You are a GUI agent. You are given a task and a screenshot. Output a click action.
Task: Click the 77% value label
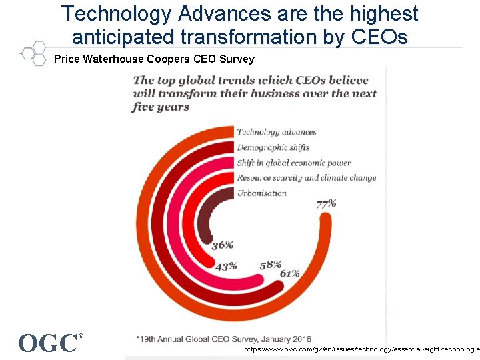click(x=326, y=203)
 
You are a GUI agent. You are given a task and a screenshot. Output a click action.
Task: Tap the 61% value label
click(x=289, y=273)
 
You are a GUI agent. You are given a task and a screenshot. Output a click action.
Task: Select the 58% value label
click(x=271, y=265)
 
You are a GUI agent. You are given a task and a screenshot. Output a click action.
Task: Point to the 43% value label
click(x=226, y=266)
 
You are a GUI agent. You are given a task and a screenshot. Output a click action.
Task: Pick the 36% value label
click(x=222, y=245)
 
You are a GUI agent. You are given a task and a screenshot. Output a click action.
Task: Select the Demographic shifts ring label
click(x=273, y=147)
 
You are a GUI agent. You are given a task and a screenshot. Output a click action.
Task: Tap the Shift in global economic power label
click(x=293, y=163)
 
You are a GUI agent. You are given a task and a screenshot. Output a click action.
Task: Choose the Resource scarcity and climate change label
click(x=306, y=178)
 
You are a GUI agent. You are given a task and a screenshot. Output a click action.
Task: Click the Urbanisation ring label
click(x=261, y=193)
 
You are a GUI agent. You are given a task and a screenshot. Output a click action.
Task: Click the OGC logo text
click(x=48, y=343)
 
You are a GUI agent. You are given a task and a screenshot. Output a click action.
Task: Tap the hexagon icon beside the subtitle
click(x=31, y=53)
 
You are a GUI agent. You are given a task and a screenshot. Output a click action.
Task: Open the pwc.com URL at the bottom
click(x=361, y=349)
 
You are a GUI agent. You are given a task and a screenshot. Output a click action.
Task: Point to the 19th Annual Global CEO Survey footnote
click(x=223, y=339)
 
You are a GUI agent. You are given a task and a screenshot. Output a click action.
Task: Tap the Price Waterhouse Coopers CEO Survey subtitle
click(x=154, y=59)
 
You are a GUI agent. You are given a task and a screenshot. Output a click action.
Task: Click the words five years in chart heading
click(x=161, y=107)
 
